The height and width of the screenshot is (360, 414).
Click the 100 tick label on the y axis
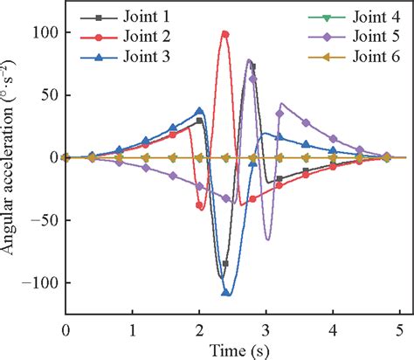[x=44, y=32]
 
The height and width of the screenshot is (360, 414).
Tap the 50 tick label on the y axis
[x=48, y=95]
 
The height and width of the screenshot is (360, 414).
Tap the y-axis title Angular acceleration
[x=11, y=157]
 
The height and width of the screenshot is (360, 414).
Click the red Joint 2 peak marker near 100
[x=225, y=34]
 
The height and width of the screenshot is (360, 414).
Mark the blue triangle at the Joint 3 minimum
[x=226, y=293]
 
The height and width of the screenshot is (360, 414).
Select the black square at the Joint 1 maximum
[x=252, y=66]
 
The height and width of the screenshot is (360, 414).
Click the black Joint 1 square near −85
[x=226, y=263]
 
